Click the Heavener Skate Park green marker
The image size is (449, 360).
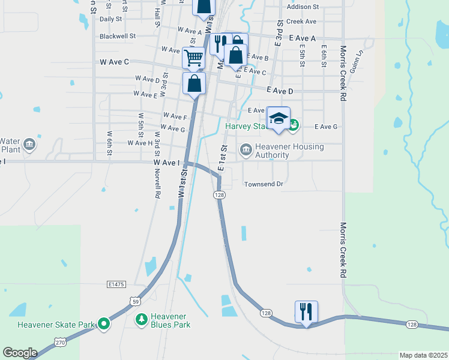click(104, 325)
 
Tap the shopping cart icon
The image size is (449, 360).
click(194, 58)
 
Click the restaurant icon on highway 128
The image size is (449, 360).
click(306, 311)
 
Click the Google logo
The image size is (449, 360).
click(20, 353)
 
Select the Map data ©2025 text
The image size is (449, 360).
click(423, 355)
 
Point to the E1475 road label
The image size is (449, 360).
click(118, 283)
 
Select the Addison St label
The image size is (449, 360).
click(303, 7)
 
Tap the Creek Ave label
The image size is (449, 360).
click(301, 21)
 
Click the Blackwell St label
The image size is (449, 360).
click(118, 36)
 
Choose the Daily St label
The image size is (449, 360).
click(110, 19)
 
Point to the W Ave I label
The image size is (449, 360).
click(166, 163)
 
